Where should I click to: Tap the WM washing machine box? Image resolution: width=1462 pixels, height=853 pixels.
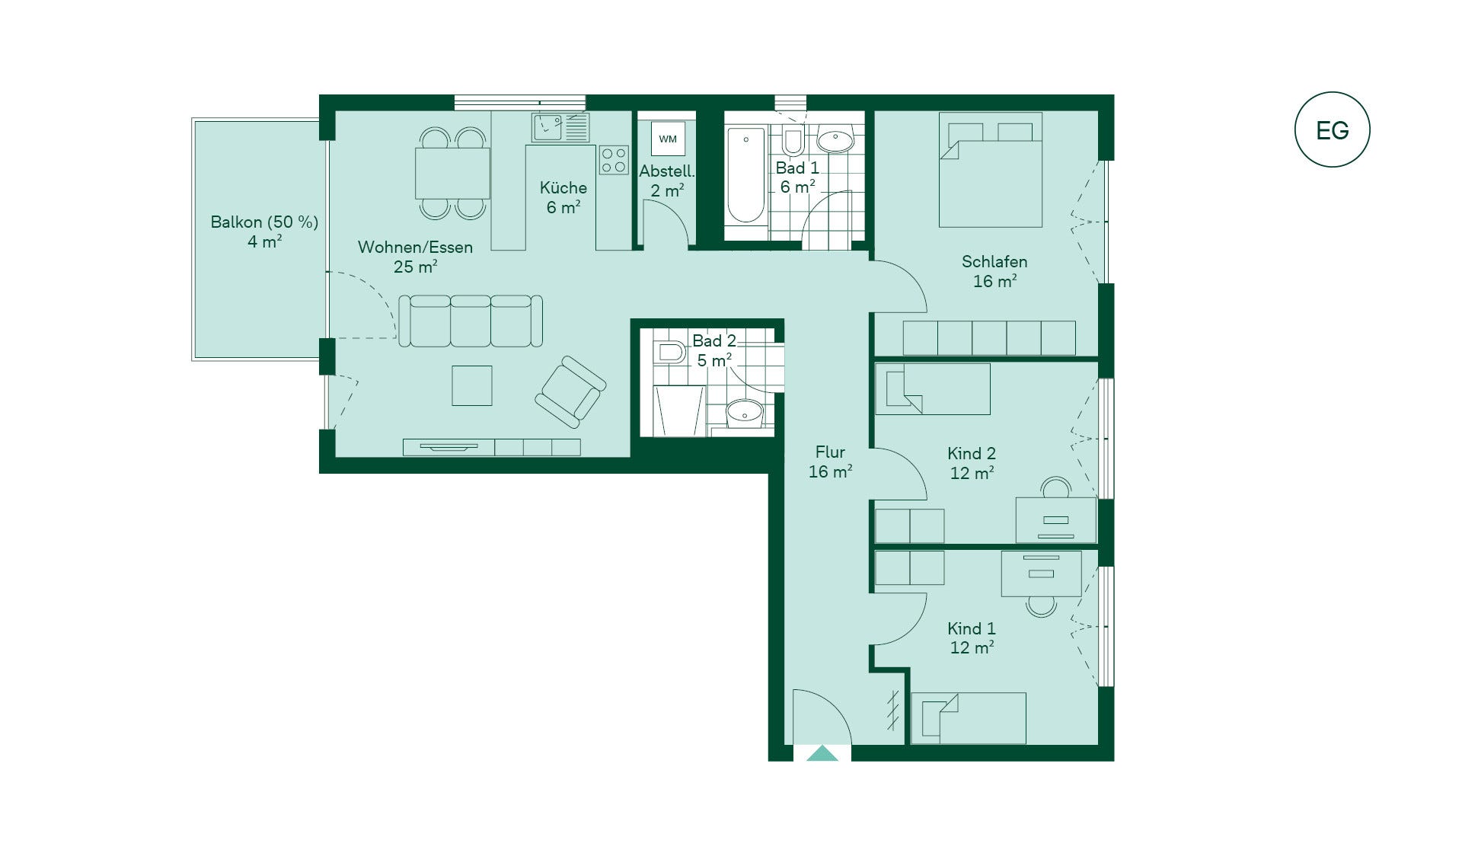(x=668, y=139)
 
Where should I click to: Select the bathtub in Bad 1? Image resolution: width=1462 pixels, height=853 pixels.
(x=746, y=175)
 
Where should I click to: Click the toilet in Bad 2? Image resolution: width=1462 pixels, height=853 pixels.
(x=669, y=353)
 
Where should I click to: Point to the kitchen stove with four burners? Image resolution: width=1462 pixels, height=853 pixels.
(x=614, y=160)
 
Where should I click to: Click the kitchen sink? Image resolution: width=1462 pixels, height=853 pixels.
(x=560, y=127)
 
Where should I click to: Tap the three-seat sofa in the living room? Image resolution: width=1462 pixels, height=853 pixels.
(x=471, y=321)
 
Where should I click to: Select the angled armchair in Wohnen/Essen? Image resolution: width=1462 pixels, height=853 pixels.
(x=570, y=391)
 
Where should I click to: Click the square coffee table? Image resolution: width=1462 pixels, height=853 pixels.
(x=472, y=385)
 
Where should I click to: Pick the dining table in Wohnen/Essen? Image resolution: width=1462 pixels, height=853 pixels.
(x=452, y=173)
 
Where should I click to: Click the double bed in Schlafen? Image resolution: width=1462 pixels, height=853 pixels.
(x=990, y=170)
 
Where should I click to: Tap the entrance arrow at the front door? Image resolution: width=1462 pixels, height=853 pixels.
(x=822, y=754)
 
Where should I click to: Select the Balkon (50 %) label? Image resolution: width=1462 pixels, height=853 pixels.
(x=264, y=222)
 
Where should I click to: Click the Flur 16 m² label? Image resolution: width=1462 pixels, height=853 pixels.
(x=830, y=462)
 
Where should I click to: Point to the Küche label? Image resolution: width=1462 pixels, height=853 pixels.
(x=563, y=187)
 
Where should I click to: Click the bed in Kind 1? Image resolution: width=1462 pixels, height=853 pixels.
(x=969, y=718)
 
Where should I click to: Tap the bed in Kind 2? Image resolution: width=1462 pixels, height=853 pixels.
(x=933, y=388)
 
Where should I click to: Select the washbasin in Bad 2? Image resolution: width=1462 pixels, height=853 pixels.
(x=744, y=414)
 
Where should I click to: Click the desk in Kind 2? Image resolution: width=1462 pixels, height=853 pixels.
(x=1056, y=520)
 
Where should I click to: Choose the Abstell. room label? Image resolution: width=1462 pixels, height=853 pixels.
(x=667, y=171)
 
